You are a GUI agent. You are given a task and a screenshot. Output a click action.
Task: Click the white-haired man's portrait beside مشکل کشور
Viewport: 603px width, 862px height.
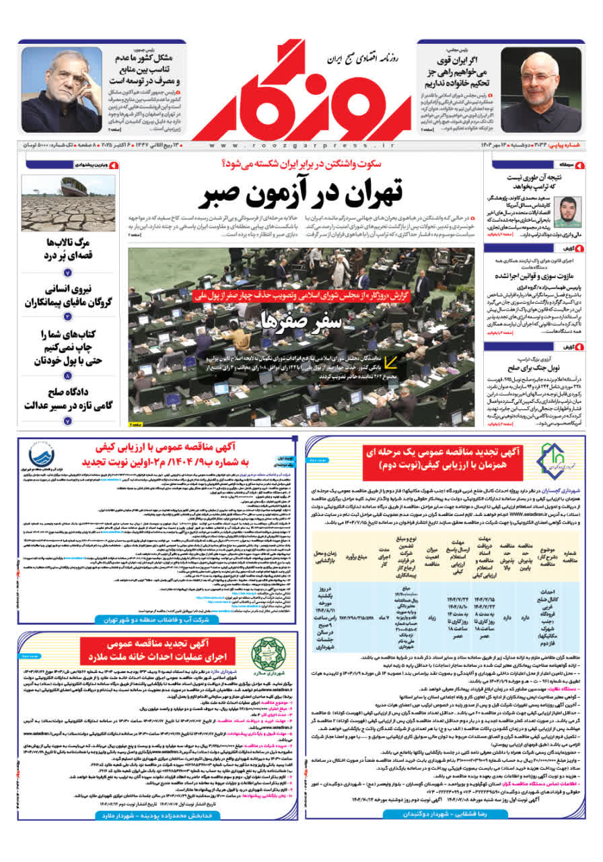[x=62, y=89]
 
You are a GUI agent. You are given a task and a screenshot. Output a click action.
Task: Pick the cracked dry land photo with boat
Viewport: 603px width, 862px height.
[x=69, y=203]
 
